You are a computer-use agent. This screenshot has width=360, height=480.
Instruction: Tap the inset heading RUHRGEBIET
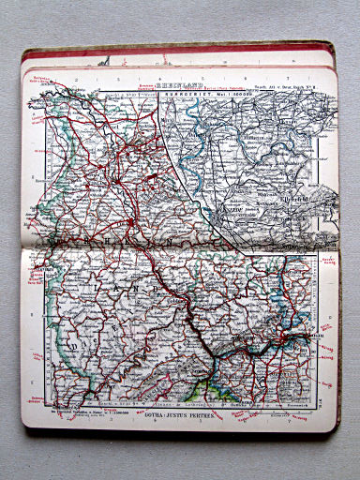pos(184,91)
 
